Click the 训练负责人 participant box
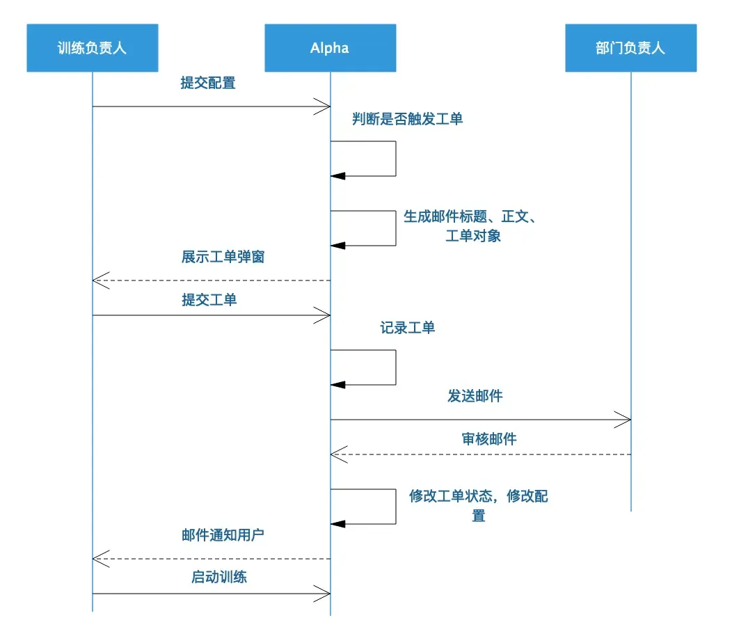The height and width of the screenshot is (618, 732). (93, 48)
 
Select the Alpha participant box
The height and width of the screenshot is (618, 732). (330, 48)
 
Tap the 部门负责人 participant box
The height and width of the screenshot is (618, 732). (630, 48)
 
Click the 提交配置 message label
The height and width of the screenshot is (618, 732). (208, 84)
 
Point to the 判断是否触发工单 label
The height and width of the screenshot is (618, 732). (407, 119)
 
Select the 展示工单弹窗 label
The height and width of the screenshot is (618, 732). (223, 257)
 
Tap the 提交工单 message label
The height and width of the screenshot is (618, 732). (209, 300)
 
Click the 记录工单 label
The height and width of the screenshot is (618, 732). (408, 328)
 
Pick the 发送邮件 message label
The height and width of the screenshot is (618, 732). (475, 397)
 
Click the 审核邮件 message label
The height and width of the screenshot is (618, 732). (489, 439)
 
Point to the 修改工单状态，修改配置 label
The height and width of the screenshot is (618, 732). (478, 506)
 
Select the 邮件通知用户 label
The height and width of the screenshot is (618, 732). (223, 536)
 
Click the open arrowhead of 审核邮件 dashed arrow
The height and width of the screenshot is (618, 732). (338, 454)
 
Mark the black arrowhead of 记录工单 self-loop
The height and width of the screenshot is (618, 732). (337, 385)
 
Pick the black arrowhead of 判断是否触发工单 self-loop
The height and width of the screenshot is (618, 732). (337, 176)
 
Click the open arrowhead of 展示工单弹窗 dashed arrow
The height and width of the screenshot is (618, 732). (101, 280)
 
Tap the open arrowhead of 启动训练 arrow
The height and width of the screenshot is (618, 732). (322, 594)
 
